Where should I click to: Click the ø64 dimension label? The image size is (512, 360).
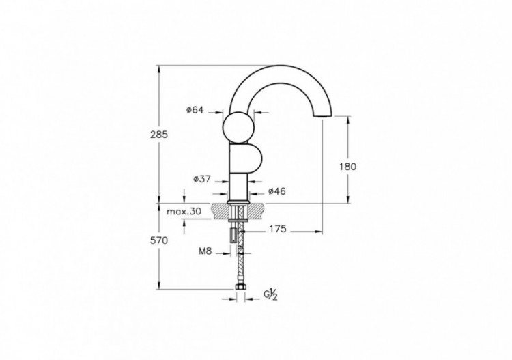[x=195, y=110]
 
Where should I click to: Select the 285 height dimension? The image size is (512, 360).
[x=158, y=135]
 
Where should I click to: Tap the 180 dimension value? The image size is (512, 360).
[x=347, y=166]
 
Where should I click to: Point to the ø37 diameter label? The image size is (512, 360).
[x=201, y=179]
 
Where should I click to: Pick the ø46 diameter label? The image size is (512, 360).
[x=276, y=191]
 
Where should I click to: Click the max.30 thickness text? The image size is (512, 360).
[x=184, y=212]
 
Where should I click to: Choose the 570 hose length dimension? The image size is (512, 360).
[x=158, y=240]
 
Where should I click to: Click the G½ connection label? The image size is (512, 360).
[x=270, y=294]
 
